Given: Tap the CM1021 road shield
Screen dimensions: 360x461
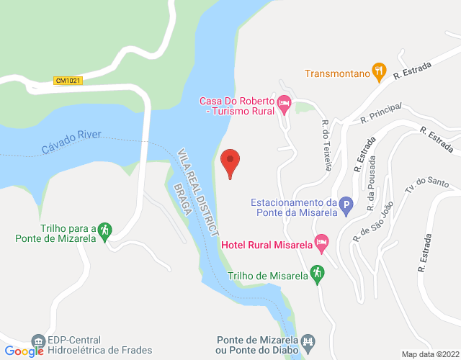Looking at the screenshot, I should pos(68,81).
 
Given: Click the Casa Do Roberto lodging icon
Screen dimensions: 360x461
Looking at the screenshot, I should pos(285,105).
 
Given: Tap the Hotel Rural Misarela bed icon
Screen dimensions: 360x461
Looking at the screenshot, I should pos(321,245).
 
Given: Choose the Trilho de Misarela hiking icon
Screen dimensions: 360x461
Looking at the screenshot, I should pos(315,274).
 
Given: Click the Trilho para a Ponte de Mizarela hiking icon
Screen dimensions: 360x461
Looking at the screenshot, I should pos(104,230).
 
